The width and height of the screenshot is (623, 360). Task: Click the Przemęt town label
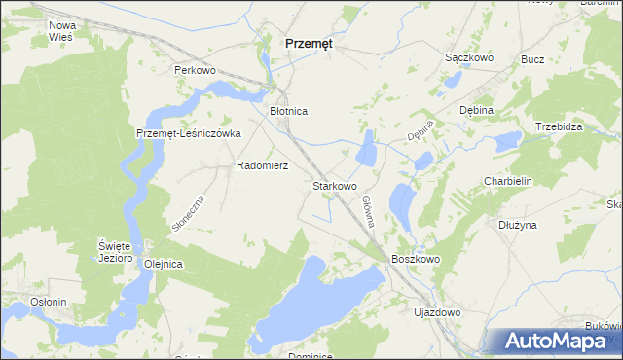pyautogui.click(x=308, y=43)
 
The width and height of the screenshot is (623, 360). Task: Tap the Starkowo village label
pyautogui.click(x=334, y=185)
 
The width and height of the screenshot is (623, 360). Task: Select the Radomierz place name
pyautogui.click(x=262, y=165)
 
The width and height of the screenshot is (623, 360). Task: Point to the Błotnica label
pyautogui.click(x=288, y=112)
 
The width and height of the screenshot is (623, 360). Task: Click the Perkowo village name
pyautogui.click(x=194, y=71)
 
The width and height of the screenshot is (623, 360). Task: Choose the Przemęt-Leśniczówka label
pyautogui.click(x=188, y=134)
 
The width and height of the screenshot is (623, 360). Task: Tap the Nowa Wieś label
pyautogui.click(x=61, y=30)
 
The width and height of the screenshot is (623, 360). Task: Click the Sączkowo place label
pyautogui.click(x=469, y=58)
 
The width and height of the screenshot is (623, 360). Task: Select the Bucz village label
pyautogui.click(x=532, y=59)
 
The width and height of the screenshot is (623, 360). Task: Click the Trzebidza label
pyautogui.click(x=559, y=127)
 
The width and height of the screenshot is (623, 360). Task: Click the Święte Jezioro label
pyautogui.click(x=114, y=251)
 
